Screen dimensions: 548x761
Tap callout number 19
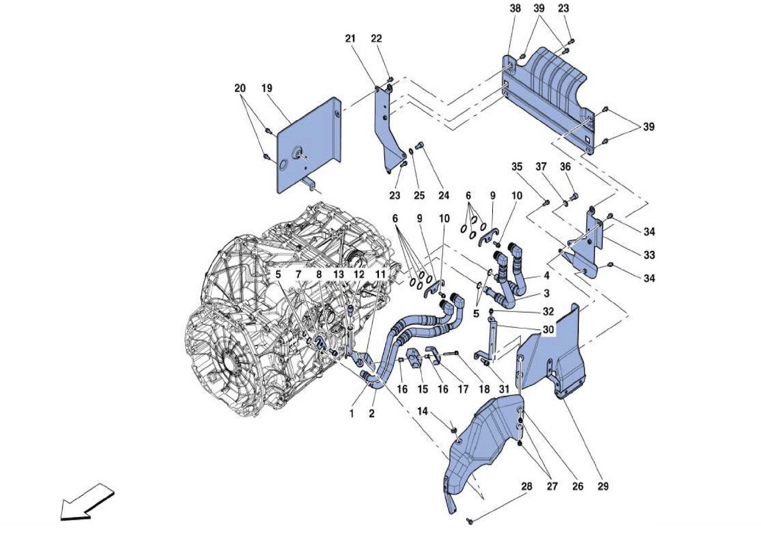coord(267,88)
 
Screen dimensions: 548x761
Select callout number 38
coord(515,8)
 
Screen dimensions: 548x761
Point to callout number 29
coord(603,486)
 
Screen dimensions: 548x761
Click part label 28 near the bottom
coord(527,486)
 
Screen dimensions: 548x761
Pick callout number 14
coord(422,411)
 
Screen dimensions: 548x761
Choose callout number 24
coord(444,195)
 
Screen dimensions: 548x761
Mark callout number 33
coord(649,254)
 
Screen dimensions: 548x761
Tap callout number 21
coord(350,39)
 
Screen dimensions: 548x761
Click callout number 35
coord(517,166)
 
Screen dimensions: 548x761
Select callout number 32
coord(548,311)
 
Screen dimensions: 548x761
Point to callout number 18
coord(484,389)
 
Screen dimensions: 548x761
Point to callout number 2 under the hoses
coord(372,413)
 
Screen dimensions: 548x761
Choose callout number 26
coord(577,486)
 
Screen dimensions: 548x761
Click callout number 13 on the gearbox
coord(338,274)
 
